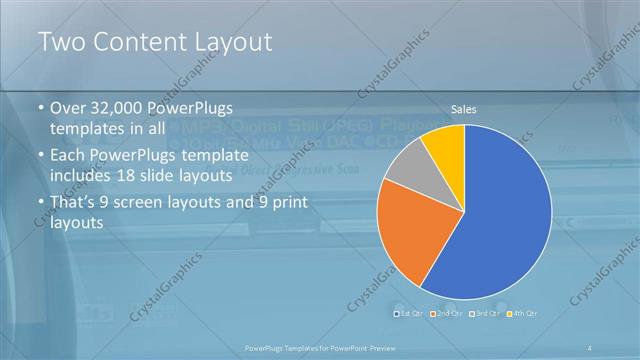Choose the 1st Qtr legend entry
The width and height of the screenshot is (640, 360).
coord(409,314)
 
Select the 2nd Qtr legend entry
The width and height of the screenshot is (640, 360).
coord(446,314)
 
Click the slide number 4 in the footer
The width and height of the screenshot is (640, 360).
coord(592,347)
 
